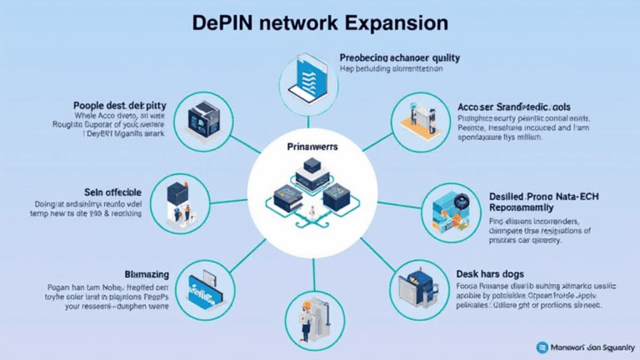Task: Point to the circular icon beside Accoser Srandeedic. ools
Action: (414, 117)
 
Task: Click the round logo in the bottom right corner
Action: (543, 347)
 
